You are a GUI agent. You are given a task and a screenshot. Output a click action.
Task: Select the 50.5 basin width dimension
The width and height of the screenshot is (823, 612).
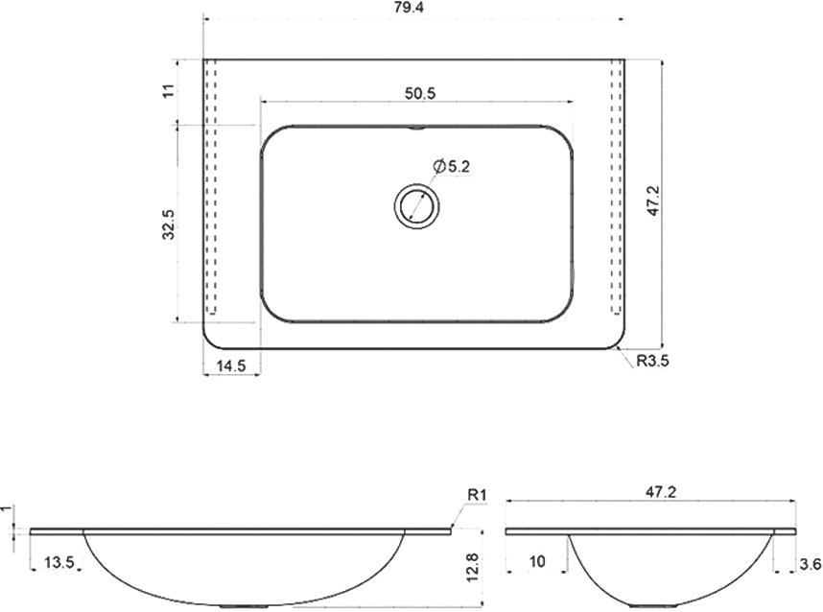(x=420, y=93)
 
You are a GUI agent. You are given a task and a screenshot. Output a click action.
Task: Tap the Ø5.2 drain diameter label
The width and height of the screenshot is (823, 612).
(x=452, y=166)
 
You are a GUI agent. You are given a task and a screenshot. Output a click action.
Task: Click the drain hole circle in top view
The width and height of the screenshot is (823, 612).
(x=416, y=205)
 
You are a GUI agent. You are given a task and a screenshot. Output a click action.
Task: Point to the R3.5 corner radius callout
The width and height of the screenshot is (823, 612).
(x=652, y=361)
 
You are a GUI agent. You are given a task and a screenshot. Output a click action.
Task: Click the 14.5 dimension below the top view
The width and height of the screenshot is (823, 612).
(x=231, y=365)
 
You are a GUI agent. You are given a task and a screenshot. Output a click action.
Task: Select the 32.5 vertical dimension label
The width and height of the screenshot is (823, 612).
(x=169, y=224)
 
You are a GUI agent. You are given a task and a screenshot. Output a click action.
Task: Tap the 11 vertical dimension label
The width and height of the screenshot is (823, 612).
(x=169, y=91)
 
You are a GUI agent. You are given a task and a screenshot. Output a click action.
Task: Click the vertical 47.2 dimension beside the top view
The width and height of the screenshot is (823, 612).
(x=653, y=200)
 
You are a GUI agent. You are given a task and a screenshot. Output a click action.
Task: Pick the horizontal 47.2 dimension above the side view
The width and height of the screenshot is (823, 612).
(x=661, y=492)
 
